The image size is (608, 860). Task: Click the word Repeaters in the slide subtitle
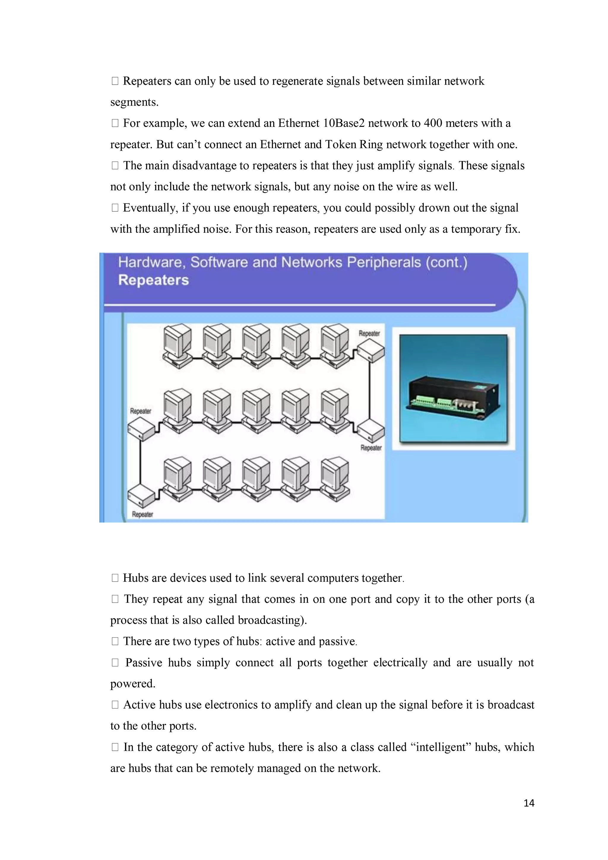(153, 280)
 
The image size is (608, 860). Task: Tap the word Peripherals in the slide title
(384, 262)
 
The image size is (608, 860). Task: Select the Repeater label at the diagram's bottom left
(142, 514)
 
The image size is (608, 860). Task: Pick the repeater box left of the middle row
(141, 429)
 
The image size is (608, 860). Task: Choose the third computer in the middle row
(256, 411)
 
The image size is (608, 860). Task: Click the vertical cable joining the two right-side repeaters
(370, 390)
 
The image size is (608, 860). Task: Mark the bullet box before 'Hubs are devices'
(115, 578)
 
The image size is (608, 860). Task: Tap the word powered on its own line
(132, 684)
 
